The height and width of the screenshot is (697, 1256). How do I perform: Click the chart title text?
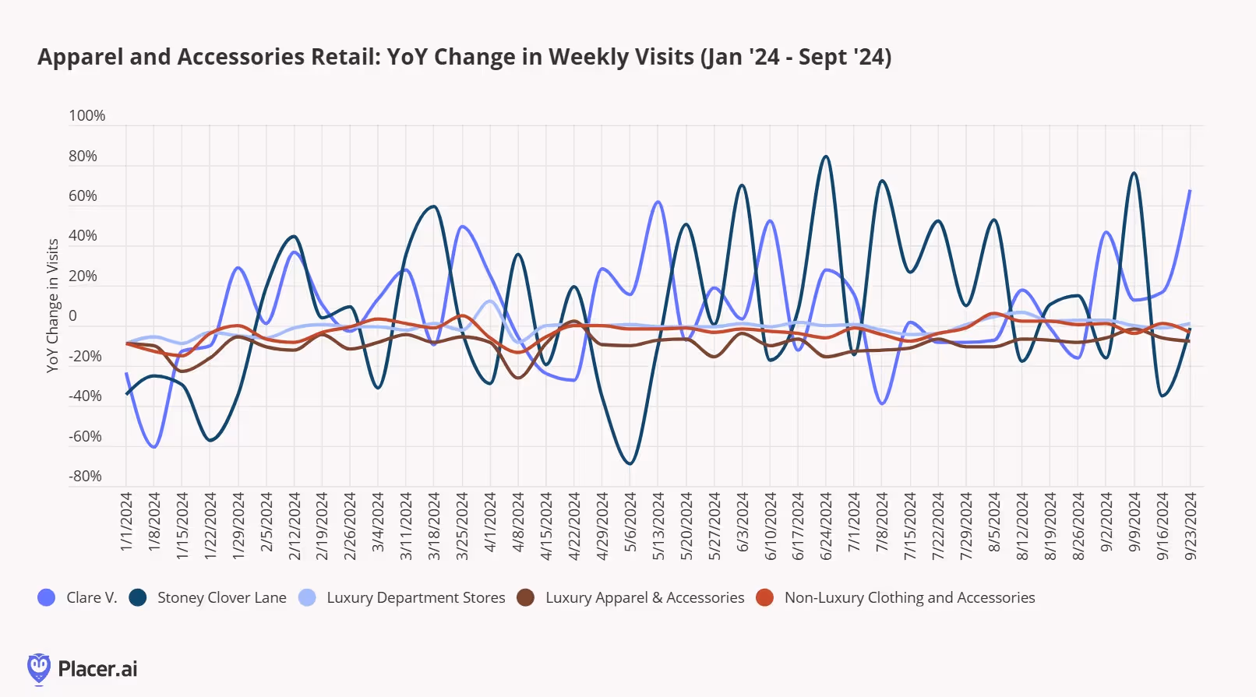click(x=464, y=57)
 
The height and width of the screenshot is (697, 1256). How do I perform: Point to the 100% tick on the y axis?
click(x=86, y=116)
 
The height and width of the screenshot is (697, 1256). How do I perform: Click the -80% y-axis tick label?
click(x=85, y=476)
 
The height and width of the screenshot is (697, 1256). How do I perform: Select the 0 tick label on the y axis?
click(x=72, y=315)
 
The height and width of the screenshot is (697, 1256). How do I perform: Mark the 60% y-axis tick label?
click(x=83, y=196)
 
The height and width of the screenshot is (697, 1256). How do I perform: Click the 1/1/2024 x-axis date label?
click(x=126, y=522)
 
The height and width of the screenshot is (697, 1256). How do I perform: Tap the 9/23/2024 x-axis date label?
click(x=1190, y=526)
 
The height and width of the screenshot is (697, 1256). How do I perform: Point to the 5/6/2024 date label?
click(x=630, y=522)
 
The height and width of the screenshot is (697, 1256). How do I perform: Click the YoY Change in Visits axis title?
click(x=53, y=305)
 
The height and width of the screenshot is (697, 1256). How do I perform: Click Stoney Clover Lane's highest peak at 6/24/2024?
click(x=826, y=157)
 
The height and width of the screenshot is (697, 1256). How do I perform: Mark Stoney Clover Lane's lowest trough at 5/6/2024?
click(x=630, y=464)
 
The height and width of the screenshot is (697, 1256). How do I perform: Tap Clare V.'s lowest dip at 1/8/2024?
click(x=154, y=447)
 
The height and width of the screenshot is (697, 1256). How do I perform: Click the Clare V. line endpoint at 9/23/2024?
click(x=1190, y=191)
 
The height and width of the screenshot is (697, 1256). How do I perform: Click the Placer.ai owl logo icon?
click(x=38, y=668)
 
